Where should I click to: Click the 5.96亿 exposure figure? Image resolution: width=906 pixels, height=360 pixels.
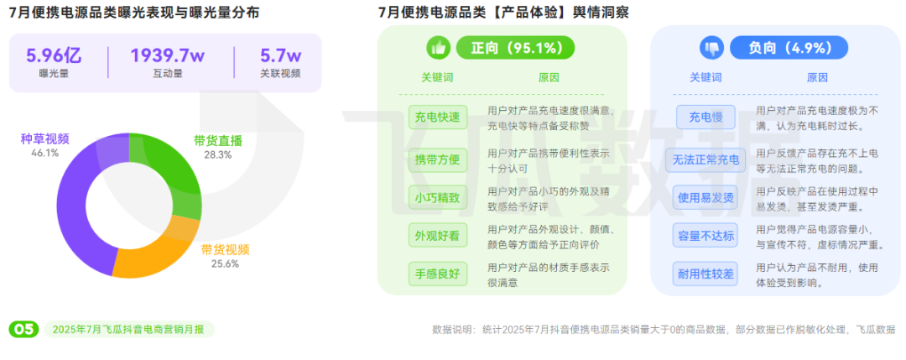53,56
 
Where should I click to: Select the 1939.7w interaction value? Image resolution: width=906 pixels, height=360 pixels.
168,56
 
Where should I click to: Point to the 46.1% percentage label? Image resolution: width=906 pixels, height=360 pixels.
44,154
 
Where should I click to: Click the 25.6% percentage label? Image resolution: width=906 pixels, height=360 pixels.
225,263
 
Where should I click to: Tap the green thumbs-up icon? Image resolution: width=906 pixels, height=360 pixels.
439,47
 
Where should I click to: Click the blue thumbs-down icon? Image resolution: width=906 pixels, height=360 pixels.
711,47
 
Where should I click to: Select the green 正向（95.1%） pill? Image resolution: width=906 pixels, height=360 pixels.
515,47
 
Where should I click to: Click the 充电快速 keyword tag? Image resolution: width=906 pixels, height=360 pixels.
437,117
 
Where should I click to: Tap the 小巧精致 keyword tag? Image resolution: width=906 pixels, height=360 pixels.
437,198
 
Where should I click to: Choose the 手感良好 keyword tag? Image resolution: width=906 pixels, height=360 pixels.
437,274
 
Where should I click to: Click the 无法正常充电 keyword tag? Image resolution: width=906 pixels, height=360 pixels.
706,159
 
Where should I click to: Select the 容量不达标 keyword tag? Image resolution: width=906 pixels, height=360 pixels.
706,236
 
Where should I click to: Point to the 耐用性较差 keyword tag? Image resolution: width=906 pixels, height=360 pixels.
706,274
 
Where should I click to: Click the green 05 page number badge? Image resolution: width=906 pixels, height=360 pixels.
23,329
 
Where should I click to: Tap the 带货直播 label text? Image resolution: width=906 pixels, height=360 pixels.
217,140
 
